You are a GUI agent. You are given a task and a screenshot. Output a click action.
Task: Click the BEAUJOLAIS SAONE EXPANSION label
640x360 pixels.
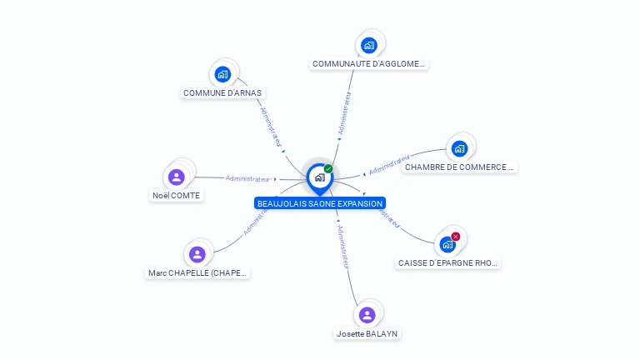(x=320, y=203)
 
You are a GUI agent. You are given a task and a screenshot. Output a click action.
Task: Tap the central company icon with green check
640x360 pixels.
(x=319, y=177)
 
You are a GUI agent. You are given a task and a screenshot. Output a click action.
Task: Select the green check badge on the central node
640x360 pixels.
(x=328, y=169)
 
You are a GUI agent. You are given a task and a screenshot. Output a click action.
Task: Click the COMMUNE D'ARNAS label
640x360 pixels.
(x=223, y=93)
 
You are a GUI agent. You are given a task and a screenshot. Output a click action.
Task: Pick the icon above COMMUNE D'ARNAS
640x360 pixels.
(x=222, y=74)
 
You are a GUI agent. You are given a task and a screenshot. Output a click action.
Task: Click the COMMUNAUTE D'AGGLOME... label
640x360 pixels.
(x=369, y=63)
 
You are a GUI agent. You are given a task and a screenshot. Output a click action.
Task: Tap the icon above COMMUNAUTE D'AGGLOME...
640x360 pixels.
(x=369, y=45)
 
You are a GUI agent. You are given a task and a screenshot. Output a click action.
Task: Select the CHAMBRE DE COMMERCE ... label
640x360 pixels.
(x=459, y=167)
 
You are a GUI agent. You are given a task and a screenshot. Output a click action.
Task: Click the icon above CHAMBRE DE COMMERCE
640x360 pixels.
(x=459, y=148)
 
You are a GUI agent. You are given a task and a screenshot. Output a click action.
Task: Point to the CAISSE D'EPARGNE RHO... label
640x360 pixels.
(x=447, y=262)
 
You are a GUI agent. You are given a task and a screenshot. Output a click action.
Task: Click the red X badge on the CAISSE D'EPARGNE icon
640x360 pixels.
(x=456, y=237)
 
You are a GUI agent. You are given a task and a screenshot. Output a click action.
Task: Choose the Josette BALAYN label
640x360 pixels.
(x=367, y=333)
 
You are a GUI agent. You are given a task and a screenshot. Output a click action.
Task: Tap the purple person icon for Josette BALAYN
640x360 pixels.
(x=367, y=315)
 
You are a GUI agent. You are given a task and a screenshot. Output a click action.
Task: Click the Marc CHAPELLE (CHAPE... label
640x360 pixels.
(x=197, y=272)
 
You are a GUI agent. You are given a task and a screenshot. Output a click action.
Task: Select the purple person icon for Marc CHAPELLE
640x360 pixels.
(x=197, y=254)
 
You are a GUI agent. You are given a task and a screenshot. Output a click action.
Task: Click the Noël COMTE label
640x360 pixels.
(x=177, y=195)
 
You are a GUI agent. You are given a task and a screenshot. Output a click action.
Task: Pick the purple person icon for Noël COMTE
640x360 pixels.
(x=177, y=177)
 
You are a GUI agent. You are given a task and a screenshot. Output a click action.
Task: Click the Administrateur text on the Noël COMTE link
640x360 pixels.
(x=248, y=178)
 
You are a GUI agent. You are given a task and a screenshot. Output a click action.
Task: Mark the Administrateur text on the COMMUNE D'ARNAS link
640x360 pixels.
(x=270, y=126)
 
